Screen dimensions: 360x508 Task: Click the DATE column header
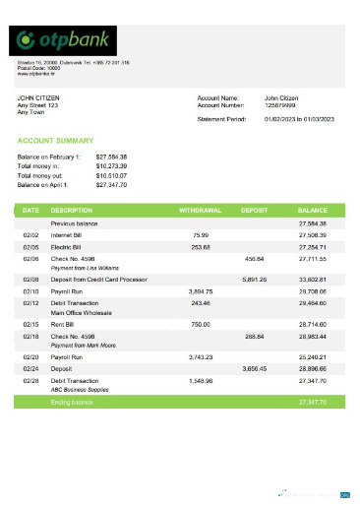(30, 211)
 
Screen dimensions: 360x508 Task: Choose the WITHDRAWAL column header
(201, 211)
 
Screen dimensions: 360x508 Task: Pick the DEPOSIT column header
(255, 211)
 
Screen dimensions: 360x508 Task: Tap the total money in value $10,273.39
(111, 166)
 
